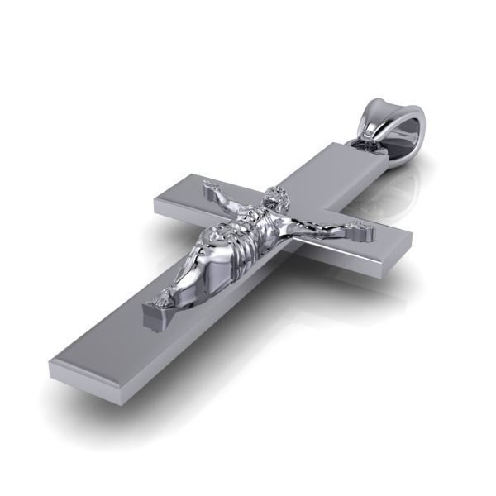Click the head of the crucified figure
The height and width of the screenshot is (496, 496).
[x=276, y=201]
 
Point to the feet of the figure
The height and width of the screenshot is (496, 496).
[x=165, y=297]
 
